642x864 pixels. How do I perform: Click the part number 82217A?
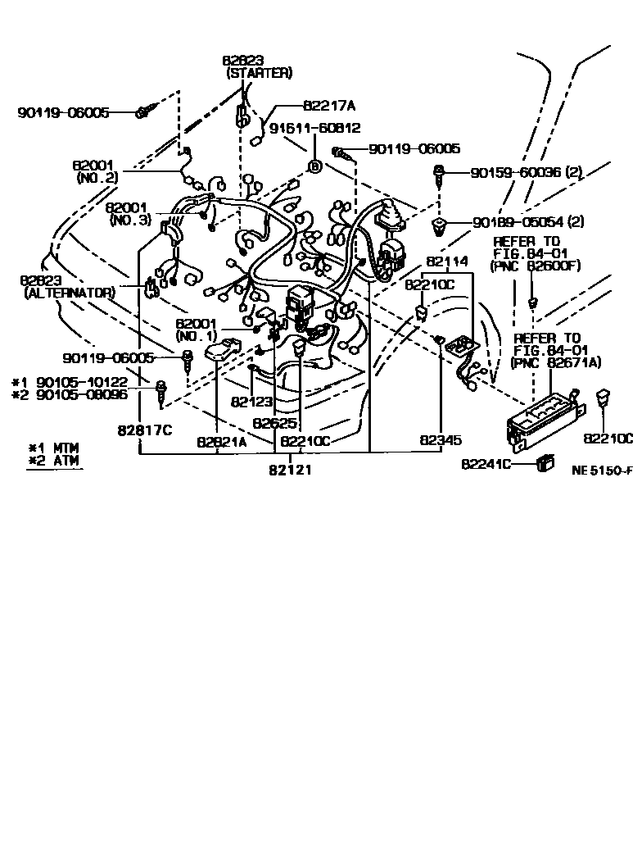329,106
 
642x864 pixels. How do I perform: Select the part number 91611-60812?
315,128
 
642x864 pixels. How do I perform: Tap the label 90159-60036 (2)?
537,173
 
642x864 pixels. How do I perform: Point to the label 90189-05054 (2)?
537,222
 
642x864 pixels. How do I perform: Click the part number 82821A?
222,441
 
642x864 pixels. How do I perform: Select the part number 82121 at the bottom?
289,470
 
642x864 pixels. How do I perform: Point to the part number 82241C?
486,464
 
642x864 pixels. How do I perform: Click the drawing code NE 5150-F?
602,472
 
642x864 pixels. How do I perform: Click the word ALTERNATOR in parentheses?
70,292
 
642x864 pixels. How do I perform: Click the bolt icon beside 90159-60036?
440,173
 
